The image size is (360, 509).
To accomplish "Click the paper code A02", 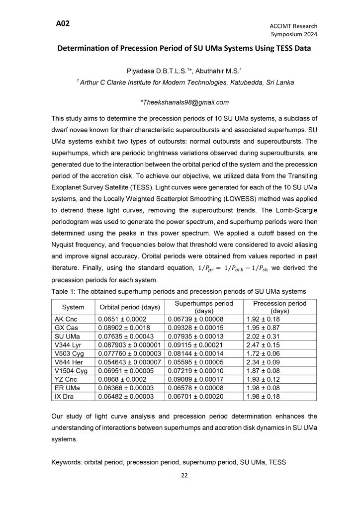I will point(63,23).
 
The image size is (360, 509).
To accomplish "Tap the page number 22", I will point(183,476).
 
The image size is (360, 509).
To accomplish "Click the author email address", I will point(184,102).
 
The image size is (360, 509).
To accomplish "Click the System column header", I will point(73,307).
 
